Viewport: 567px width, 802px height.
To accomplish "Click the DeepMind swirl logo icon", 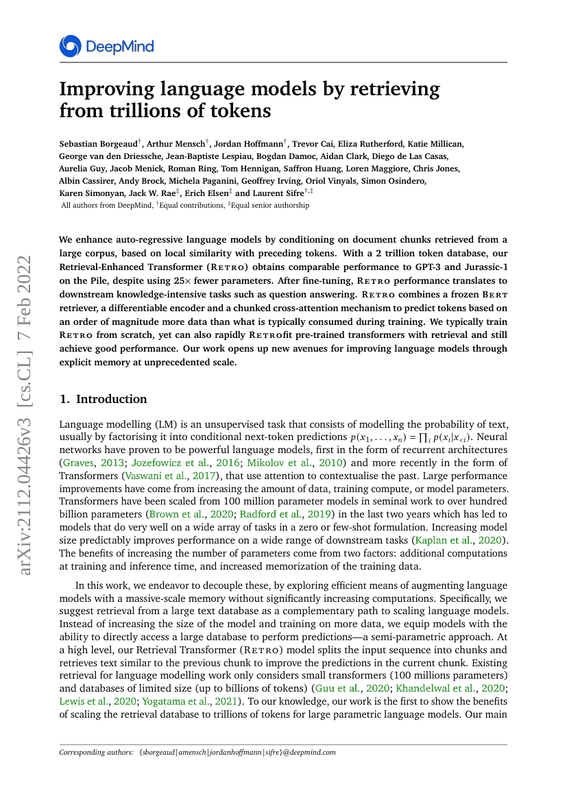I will coord(71,47).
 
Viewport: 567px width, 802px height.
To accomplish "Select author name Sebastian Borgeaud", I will coord(98,143).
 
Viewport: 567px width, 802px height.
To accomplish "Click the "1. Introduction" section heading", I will coord(104,399).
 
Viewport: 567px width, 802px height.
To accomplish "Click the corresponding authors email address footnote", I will coord(237,752).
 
